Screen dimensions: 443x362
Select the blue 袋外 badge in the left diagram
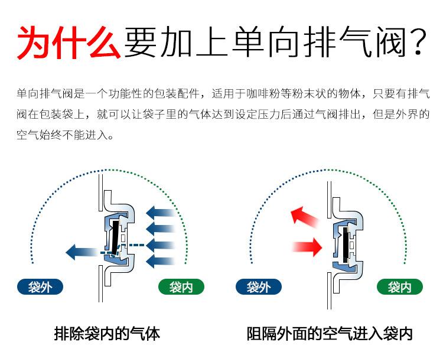click(x=40, y=287)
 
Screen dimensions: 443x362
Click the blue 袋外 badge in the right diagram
click(x=259, y=287)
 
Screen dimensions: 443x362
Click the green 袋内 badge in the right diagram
click(x=400, y=287)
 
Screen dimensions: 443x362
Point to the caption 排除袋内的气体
click(x=107, y=334)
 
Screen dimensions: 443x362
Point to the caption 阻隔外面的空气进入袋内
click(x=329, y=334)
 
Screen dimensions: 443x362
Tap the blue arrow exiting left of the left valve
click(x=83, y=252)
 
